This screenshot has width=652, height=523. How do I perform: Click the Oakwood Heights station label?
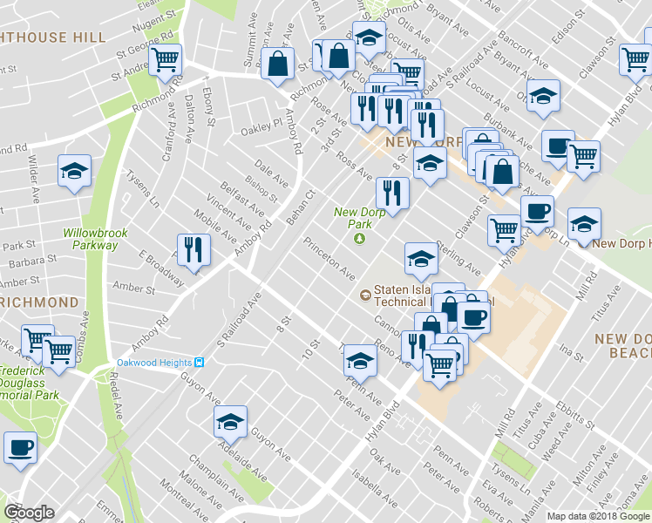pyautogui.click(x=154, y=363)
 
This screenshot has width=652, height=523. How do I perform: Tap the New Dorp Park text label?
pyautogui.click(x=359, y=218)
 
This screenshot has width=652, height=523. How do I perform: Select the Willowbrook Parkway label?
pyautogui.click(x=90, y=239)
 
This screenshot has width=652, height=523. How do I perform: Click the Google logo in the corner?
pyautogui.click(x=29, y=513)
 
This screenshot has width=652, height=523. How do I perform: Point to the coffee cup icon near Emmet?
pyautogui.click(x=19, y=448)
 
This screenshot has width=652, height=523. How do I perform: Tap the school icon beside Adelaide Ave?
pyautogui.click(x=230, y=422)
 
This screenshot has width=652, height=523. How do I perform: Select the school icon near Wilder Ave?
pyautogui.click(x=75, y=171)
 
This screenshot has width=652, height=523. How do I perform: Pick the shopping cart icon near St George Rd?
pyautogui.click(x=164, y=59)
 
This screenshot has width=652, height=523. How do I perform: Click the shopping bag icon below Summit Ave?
pyautogui.click(x=278, y=63)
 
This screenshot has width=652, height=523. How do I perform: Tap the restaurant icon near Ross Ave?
pyautogui.click(x=392, y=194)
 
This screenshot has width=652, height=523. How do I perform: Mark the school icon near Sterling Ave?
pyautogui.click(x=421, y=257)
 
